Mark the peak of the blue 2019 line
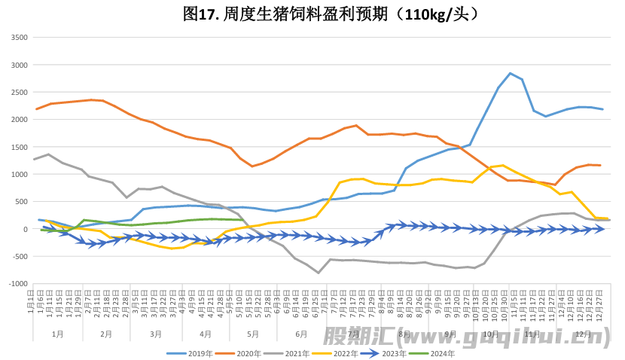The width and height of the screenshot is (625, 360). pos(511,74)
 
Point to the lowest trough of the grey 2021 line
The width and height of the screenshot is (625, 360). pos(319,273)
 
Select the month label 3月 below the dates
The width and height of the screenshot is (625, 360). pos(155,334)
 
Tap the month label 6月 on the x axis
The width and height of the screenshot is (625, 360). pos(301,334)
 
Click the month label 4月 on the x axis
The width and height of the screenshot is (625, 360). pos(205,334)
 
